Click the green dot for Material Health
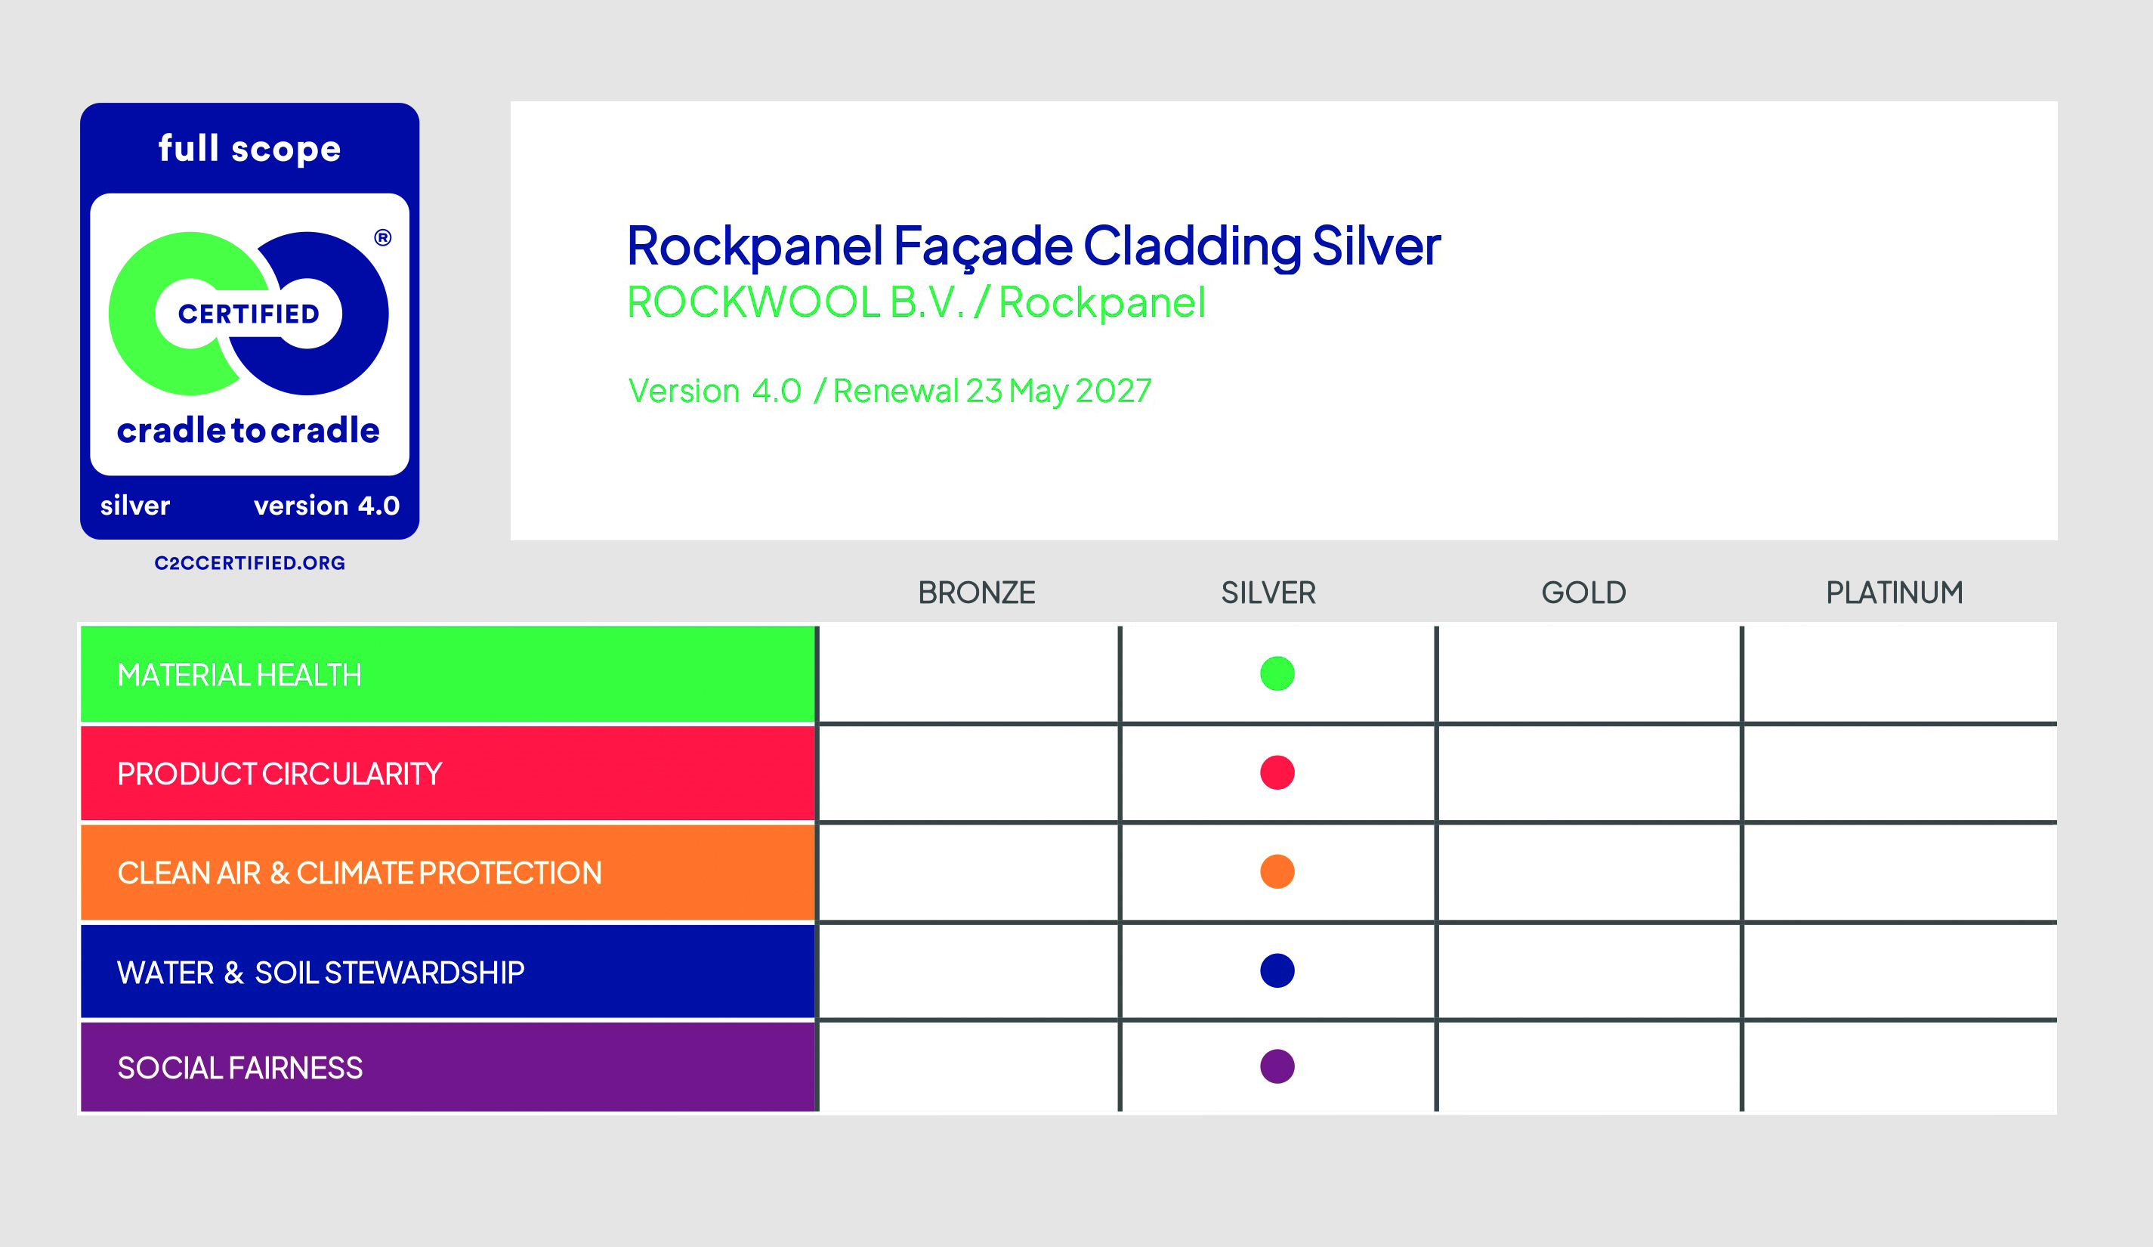click(x=1277, y=673)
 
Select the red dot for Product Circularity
click(x=1277, y=772)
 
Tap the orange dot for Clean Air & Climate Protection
click(x=1277, y=872)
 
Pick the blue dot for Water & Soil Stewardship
click(x=1277, y=971)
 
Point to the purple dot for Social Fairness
click(x=1277, y=1066)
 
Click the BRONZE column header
click(x=977, y=593)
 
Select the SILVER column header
click(x=1268, y=593)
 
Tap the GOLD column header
click(x=1584, y=593)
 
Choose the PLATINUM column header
click(x=1894, y=593)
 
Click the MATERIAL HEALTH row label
click(x=239, y=675)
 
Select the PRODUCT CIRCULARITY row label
click(x=280, y=773)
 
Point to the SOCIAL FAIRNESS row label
click(x=240, y=1068)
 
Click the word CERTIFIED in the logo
click(x=249, y=314)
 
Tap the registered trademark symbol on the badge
click(x=383, y=237)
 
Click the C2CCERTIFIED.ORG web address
click(x=249, y=562)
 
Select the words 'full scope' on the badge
click(x=249, y=149)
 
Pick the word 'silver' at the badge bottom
click(x=135, y=505)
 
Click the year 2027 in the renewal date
click(x=1114, y=391)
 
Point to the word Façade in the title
click(x=983, y=246)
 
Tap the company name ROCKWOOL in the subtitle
click(x=754, y=302)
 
